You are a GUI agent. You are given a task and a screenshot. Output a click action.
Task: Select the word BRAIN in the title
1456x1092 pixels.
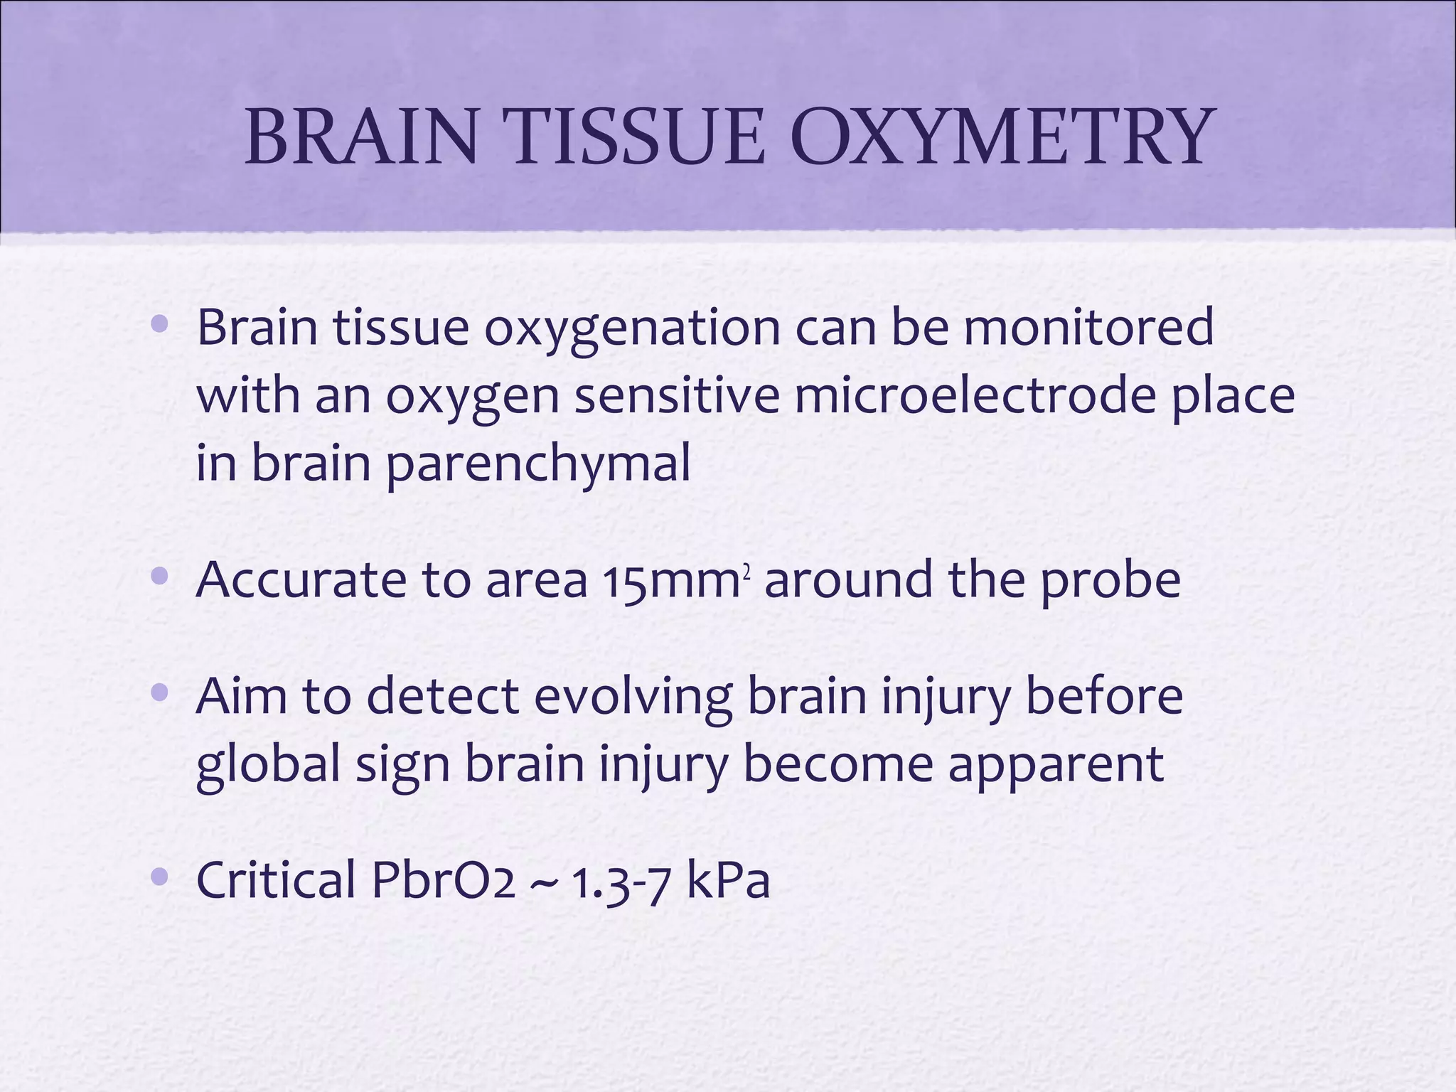[x=361, y=136]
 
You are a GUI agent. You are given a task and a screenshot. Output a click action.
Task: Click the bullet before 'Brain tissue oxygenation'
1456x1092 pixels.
[x=160, y=326]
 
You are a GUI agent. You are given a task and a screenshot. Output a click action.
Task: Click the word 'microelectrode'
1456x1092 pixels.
[x=974, y=395]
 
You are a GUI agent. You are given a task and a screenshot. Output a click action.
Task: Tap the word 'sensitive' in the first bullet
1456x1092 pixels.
[x=676, y=395]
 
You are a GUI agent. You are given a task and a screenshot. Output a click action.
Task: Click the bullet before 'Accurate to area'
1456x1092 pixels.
[x=160, y=577]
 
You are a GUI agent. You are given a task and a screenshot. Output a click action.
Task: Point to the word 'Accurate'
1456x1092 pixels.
[x=301, y=580]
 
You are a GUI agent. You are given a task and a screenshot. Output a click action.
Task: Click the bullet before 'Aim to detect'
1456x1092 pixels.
[x=160, y=692]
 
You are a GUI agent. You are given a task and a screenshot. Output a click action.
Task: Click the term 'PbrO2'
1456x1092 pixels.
[x=442, y=880]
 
